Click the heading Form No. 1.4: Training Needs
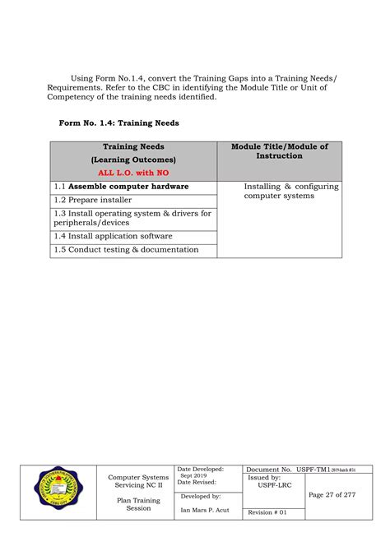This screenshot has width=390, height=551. point(118,123)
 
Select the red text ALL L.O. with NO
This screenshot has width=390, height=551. point(132,173)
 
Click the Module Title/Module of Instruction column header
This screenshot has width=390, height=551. point(279,151)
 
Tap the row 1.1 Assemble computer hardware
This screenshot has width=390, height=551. point(121,187)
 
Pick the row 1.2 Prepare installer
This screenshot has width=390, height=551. point(93,200)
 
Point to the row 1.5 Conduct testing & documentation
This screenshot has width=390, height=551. point(126,249)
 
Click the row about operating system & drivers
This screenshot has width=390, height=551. point(132,218)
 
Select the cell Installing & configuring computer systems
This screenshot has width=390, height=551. point(290,192)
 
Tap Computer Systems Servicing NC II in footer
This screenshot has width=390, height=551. point(138,481)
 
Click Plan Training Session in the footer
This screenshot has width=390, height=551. point(138,503)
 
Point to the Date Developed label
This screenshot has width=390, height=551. point(202,469)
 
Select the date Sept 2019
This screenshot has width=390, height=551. point(194,476)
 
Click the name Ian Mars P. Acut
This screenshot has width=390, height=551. point(206,510)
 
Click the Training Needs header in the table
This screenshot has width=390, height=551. point(132,147)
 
